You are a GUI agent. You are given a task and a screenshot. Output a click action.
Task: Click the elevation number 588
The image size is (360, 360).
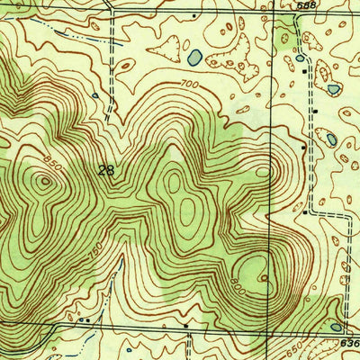click(x=306, y=5)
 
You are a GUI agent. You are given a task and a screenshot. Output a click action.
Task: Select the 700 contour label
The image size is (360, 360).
click(x=188, y=84)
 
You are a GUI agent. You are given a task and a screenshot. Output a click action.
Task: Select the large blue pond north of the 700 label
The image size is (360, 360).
click(x=194, y=58)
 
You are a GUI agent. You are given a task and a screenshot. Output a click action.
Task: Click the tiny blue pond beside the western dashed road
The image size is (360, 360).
click(x=94, y=94)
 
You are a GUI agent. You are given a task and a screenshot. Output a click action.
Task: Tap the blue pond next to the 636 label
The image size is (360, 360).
click(x=336, y=327)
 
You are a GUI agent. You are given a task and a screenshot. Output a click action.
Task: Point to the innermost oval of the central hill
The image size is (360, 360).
click(x=186, y=211)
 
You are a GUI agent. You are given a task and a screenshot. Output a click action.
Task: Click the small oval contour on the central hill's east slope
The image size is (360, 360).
click(x=262, y=171)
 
